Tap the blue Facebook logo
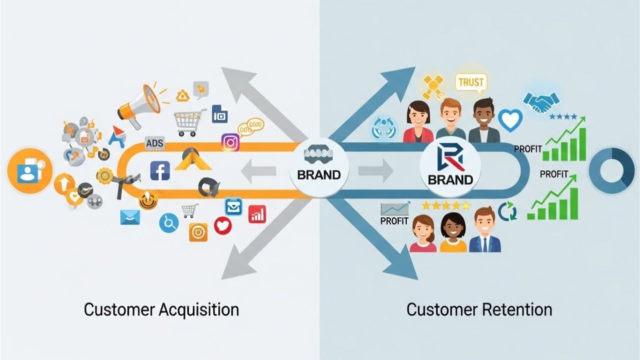click(160, 170)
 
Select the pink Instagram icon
click(230, 142)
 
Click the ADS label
click(155, 144)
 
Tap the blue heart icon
click(510, 120)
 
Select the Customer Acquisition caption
click(161, 309)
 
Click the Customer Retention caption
click(479, 309)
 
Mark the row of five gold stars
click(446, 205)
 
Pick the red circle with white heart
click(223, 226)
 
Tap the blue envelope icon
click(130, 217)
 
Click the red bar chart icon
click(257, 214)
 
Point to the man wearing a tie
click(485, 230)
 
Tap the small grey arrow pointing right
click(382, 171)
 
